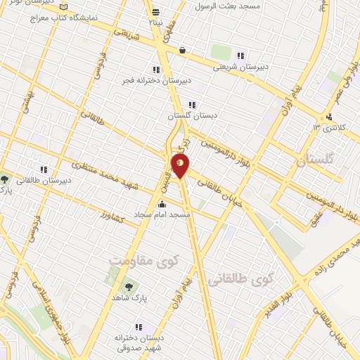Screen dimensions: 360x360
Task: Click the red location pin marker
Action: click(181, 166)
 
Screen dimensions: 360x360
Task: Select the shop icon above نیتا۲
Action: click(155, 11)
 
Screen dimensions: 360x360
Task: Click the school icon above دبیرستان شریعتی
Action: click(240, 56)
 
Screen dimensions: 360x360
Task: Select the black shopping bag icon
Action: click(183, 50)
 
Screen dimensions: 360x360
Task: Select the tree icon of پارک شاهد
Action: click(129, 287)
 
